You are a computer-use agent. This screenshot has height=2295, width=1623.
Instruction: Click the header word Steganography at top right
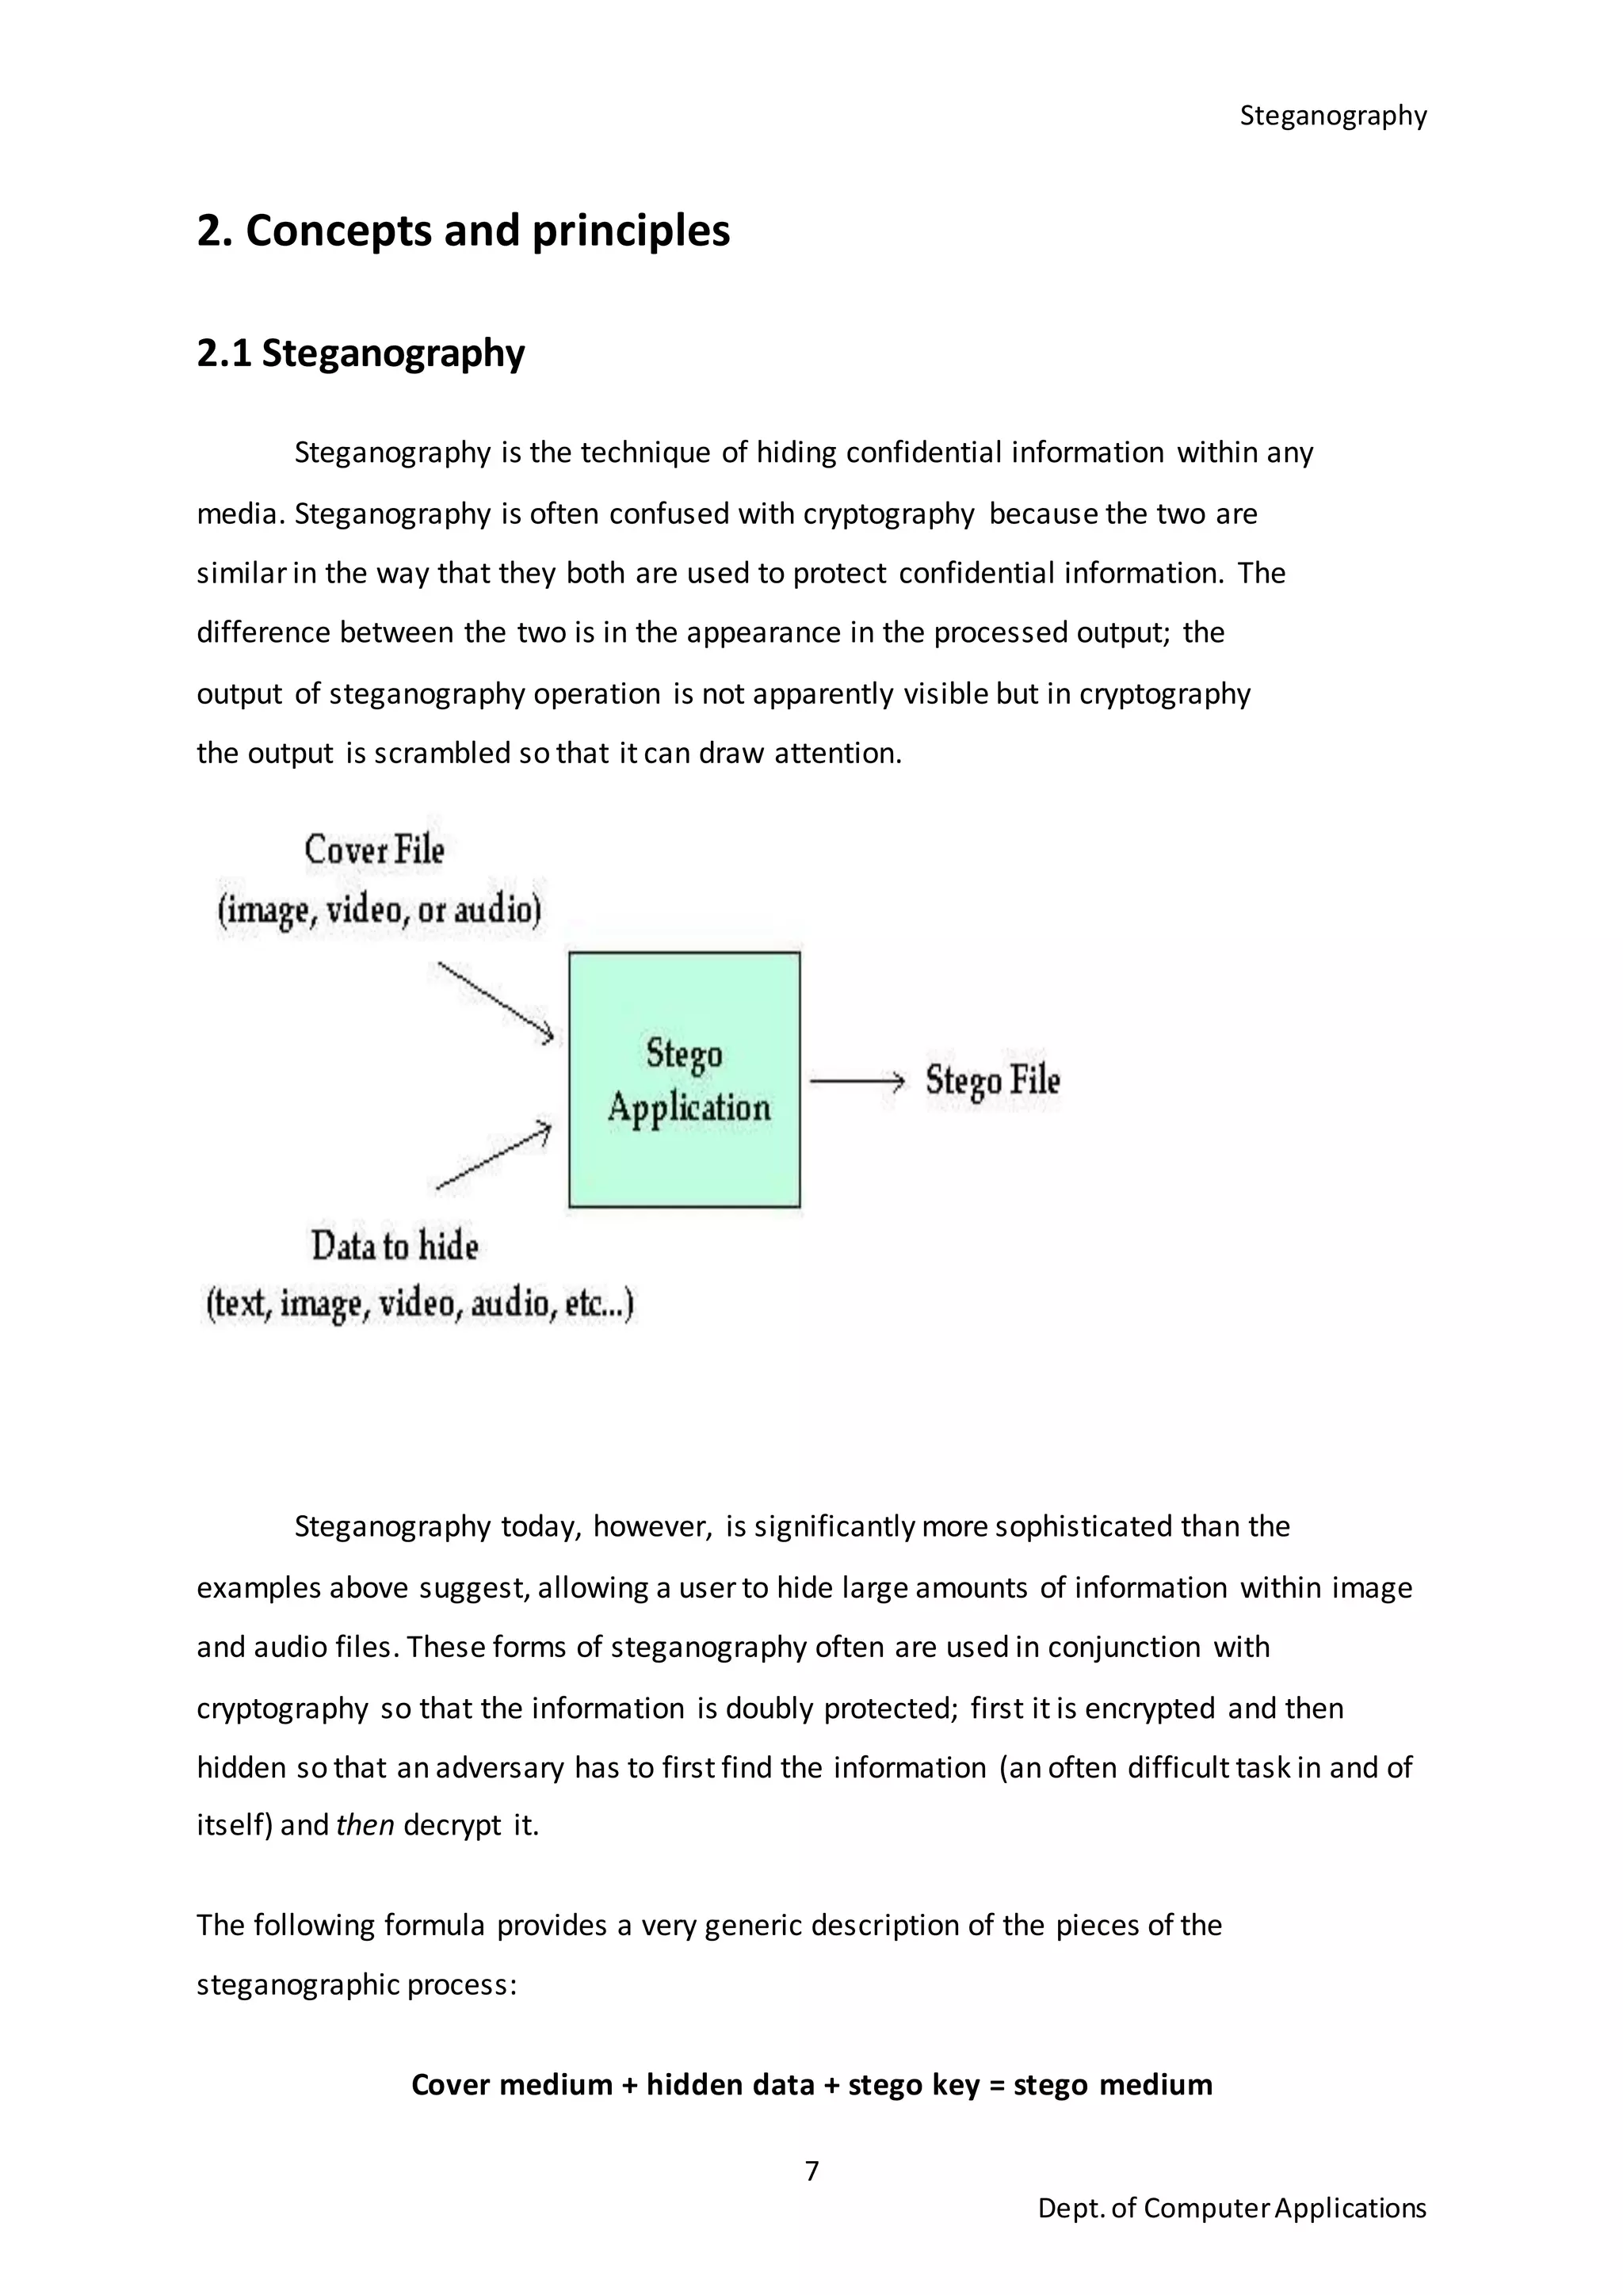coord(1332,116)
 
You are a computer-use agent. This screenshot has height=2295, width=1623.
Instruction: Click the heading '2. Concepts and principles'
coord(463,231)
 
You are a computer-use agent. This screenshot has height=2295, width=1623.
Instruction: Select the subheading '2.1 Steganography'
coord(360,353)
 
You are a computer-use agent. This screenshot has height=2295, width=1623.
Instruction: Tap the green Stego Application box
coord(685,1079)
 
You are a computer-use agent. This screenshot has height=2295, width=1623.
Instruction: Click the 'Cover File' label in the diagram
coord(374,850)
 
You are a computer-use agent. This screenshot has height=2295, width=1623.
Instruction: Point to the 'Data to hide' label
coord(395,1246)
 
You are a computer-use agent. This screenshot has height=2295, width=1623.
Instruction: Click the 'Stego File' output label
coord(991,1080)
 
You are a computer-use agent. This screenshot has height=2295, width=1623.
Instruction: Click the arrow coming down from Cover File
coord(495,1002)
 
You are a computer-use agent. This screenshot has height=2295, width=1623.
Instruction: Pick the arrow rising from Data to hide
coord(494,1156)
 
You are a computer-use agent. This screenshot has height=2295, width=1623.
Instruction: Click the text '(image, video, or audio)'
coord(380,910)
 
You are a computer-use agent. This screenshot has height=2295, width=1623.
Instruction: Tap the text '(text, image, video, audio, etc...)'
coord(420,1304)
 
